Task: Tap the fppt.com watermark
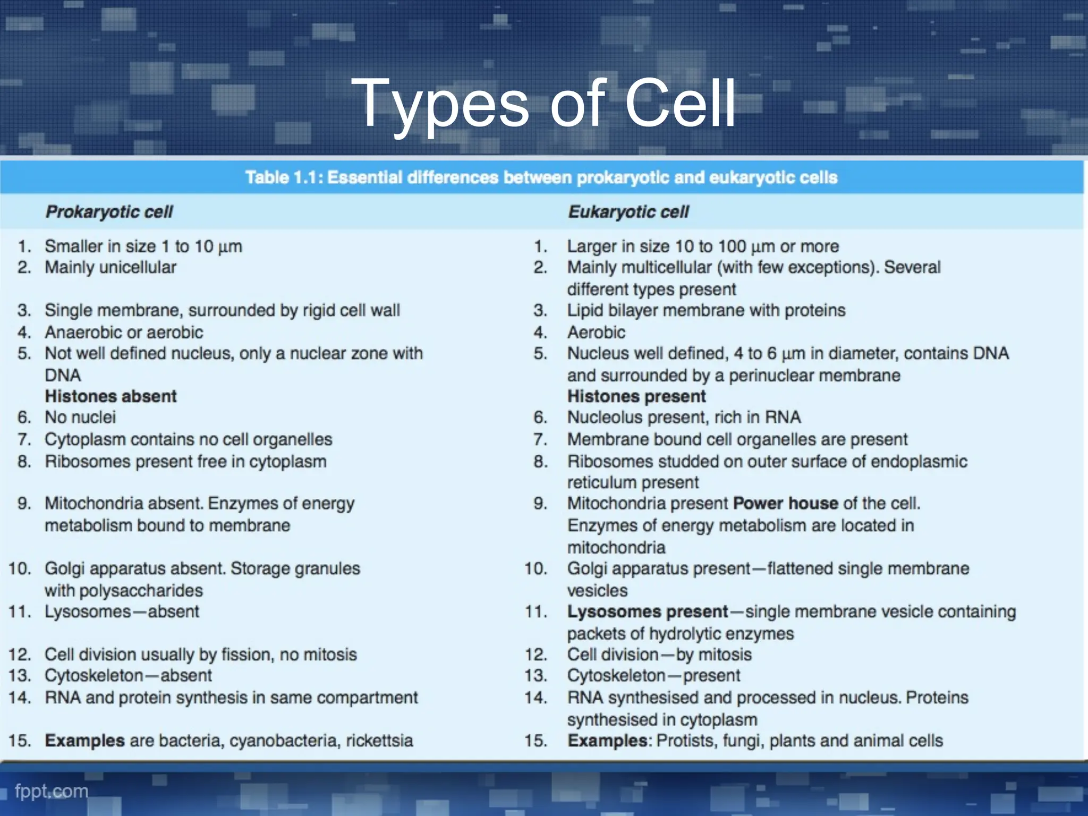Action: click(52, 791)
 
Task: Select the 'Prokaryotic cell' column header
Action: click(109, 212)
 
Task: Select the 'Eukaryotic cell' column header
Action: click(628, 212)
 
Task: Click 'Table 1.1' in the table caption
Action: click(280, 177)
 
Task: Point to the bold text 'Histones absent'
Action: click(110, 396)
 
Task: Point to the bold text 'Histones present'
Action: click(636, 396)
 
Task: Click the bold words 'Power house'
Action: click(785, 503)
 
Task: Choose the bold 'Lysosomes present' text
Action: click(647, 611)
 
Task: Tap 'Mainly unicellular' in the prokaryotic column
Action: click(110, 267)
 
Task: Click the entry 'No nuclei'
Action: click(80, 418)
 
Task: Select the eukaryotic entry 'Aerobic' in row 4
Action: click(596, 333)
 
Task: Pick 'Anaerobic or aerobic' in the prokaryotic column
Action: click(124, 333)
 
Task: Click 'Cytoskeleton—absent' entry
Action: click(128, 676)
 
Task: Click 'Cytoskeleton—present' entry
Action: click(653, 676)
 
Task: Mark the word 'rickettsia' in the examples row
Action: click(379, 741)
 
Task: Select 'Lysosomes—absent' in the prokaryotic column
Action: click(122, 611)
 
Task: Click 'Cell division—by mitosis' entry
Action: click(659, 654)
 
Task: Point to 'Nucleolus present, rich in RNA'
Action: click(684, 418)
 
